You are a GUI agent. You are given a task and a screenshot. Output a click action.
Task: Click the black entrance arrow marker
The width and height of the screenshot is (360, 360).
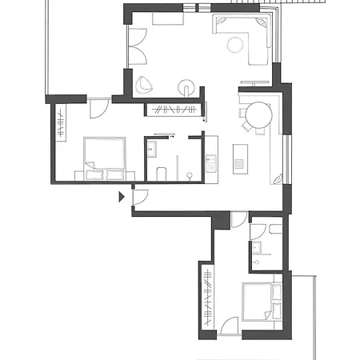point(121,196)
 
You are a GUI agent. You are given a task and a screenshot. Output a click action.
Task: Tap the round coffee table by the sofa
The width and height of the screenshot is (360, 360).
point(235,45)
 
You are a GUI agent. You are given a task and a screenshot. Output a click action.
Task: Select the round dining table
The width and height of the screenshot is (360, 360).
point(258,116)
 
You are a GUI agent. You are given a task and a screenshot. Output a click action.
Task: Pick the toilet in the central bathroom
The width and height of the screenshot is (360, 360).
point(160,173)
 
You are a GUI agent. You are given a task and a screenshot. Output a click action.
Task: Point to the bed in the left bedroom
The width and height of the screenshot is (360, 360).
point(105,157)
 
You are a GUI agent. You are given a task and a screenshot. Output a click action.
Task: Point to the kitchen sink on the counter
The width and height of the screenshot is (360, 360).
point(211,163)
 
